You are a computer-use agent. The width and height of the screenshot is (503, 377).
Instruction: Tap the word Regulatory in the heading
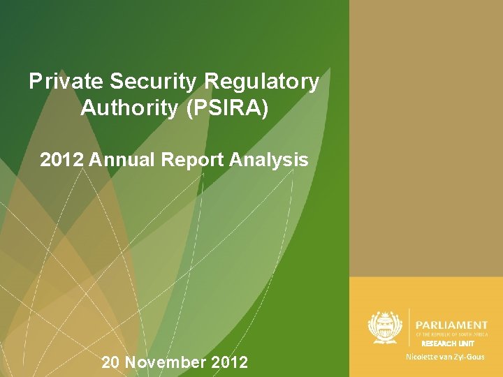click(263, 82)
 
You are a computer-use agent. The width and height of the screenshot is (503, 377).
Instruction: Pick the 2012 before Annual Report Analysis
click(63, 160)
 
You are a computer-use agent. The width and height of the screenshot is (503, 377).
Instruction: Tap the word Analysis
click(270, 160)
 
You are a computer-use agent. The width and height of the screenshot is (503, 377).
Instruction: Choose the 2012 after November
click(228, 362)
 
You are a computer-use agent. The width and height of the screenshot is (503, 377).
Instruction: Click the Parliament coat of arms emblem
click(383, 327)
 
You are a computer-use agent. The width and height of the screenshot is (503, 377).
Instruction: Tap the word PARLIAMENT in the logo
click(451, 325)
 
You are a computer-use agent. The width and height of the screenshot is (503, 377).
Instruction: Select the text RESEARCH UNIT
click(448, 343)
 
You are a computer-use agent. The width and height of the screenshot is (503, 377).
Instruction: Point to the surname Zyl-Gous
click(468, 357)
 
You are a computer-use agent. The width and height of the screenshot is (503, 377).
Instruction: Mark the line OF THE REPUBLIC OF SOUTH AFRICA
click(451, 334)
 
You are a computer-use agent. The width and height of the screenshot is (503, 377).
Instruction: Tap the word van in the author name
click(443, 357)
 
